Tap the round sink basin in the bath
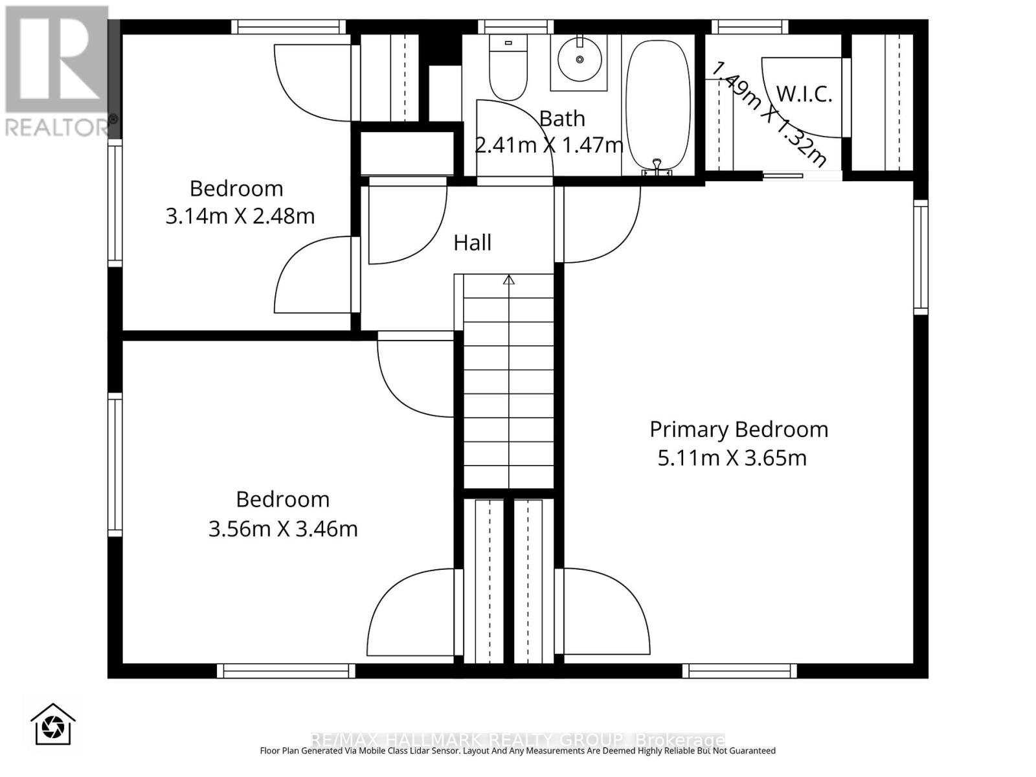580,59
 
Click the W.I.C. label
804,94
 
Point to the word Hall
472,243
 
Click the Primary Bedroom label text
738,429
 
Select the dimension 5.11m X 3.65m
732,458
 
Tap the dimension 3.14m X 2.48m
240,216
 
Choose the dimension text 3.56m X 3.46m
282,528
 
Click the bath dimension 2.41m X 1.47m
548,145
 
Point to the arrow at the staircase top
509,280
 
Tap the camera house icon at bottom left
52,725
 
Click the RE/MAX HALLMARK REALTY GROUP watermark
518,739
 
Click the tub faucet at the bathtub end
657,167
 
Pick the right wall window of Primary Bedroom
920,257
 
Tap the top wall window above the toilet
515,27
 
